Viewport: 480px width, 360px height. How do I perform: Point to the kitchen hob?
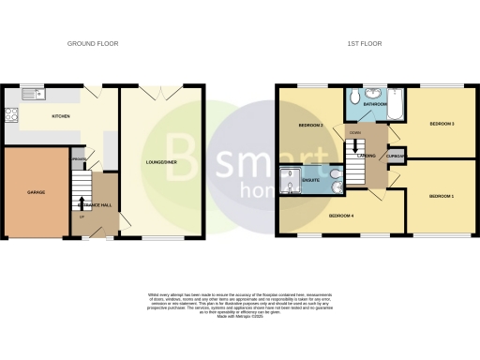pyautogui.click(x=12, y=115)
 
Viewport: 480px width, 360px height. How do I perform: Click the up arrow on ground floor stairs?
pyautogui.click(x=82, y=202)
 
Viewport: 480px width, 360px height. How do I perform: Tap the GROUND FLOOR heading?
pyautogui.click(x=92, y=44)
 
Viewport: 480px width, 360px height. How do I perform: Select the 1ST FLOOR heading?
pyautogui.click(x=365, y=44)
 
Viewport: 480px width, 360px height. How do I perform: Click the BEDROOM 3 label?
pyautogui.click(x=442, y=123)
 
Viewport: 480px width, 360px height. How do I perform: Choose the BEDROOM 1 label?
pyautogui.click(x=441, y=196)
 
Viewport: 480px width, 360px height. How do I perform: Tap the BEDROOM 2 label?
pyautogui.click(x=310, y=124)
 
